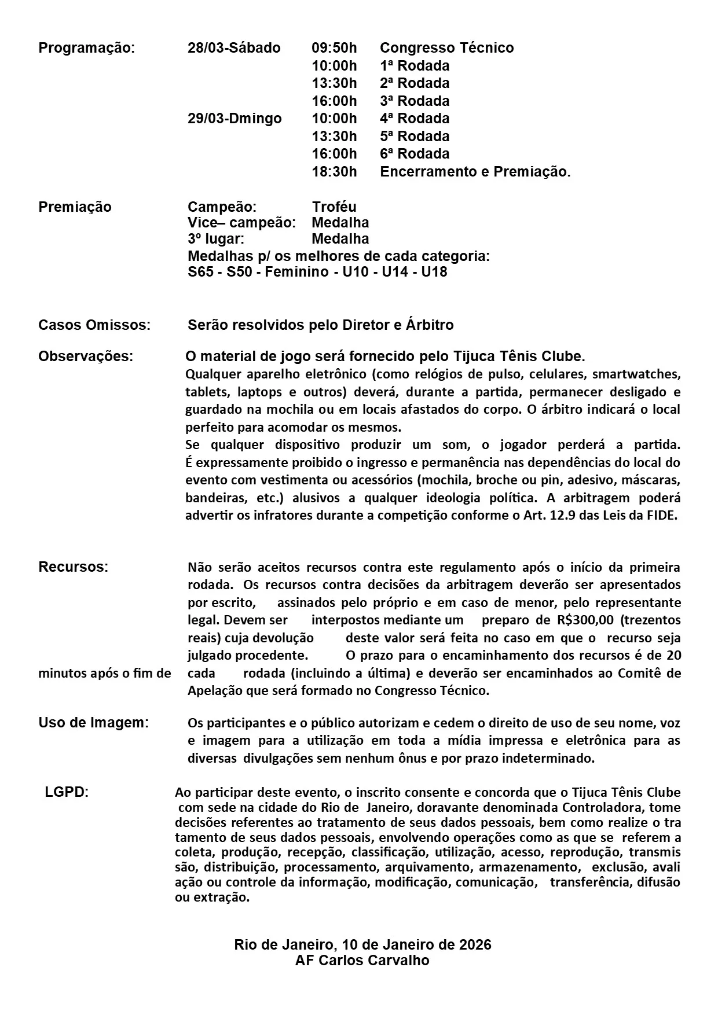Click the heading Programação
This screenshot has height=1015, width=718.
point(86,48)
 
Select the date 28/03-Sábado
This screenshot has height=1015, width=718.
point(234,48)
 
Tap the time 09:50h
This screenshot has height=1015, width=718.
point(334,48)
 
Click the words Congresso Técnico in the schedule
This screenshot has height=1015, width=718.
point(446,48)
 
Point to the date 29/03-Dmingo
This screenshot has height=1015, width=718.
point(235,119)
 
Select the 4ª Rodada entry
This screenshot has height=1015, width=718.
point(415,119)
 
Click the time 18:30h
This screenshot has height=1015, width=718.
point(334,172)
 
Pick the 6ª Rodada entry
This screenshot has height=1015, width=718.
point(415,154)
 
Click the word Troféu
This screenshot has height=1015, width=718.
point(334,207)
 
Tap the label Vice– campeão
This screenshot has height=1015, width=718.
point(241,223)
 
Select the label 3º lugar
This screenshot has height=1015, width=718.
point(215,239)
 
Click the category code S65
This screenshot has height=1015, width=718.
point(200,272)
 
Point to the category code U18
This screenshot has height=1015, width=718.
point(434,272)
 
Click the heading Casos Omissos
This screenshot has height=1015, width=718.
point(94,325)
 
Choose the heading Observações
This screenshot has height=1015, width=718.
point(86,356)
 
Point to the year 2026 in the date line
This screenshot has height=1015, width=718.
point(474,945)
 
